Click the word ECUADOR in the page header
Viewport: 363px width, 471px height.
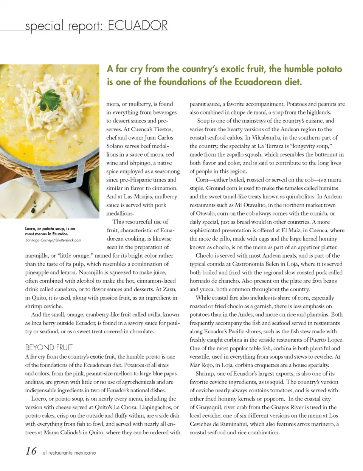[138, 26]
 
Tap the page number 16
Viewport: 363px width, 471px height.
[31, 451]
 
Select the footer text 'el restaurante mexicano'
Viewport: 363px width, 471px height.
[69, 452]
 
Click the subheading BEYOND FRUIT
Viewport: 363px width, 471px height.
[49, 347]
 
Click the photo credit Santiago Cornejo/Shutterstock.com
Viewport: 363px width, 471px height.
[53, 240]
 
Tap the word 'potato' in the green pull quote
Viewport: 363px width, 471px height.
[323, 69]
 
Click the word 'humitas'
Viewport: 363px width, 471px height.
[328, 188]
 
